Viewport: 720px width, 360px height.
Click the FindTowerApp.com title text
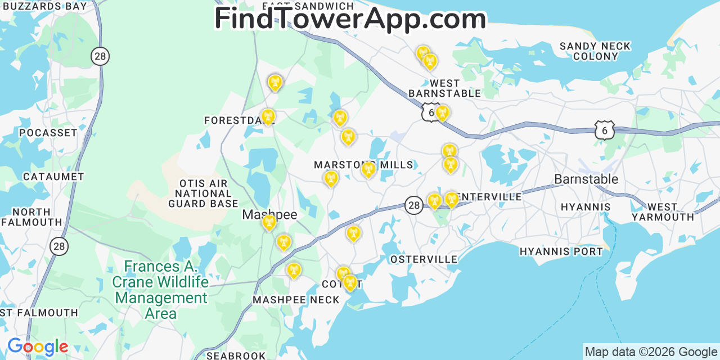point(350,19)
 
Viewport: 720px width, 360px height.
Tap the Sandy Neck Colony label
point(595,51)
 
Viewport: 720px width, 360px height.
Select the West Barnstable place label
point(444,88)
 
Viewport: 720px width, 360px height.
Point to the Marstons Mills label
point(363,165)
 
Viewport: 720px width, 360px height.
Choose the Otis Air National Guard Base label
point(203,193)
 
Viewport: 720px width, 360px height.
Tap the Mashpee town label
point(269,214)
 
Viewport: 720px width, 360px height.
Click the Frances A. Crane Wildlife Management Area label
point(160,290)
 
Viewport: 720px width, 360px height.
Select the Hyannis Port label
point(561,251)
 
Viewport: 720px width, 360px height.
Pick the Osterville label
point(424,259)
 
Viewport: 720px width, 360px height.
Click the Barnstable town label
point(586,179)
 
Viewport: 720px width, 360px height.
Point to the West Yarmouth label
point(663,212)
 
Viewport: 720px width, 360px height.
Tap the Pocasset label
point(48,133)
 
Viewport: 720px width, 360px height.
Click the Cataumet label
point(53,177)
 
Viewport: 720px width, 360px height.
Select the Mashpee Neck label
point(296,300)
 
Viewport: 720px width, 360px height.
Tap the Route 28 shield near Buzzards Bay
point(100,56)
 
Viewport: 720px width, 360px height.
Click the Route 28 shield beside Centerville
point(414,205)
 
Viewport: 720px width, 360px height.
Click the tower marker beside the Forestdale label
point(268,116)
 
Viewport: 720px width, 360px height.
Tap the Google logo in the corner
point(37,346)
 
